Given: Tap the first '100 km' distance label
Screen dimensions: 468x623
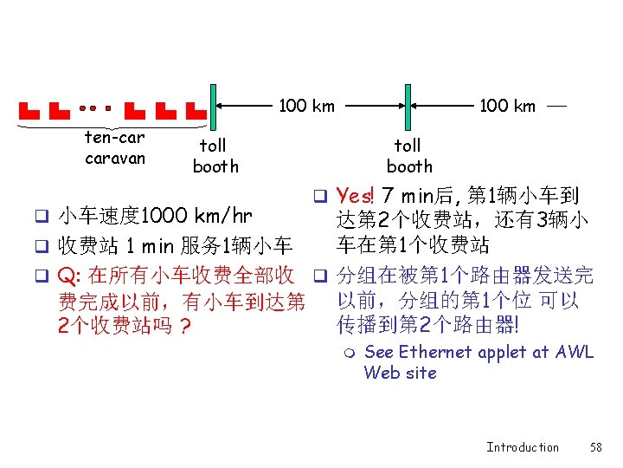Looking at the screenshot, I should (x=306, y=106).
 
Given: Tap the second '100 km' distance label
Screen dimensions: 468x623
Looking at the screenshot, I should (x=507, y=106).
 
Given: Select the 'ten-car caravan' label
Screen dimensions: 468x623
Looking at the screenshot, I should (x=114, y=147).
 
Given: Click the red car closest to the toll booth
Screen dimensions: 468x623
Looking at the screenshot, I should (x=196, y=111).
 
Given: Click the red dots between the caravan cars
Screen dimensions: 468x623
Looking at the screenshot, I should (x=93, y=110).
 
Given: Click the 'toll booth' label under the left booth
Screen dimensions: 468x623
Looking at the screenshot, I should (x=215, y=156).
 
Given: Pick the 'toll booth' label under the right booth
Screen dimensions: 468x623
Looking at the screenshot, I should (x=408, y=156).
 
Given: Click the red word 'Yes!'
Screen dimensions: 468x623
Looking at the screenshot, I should (x=354, y=196).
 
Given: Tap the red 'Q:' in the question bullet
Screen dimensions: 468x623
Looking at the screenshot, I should (x=68, y=276).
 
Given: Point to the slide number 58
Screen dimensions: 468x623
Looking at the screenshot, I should (x=595, y=447).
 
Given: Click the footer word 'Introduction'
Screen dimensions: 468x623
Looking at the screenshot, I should (x=523, y=447).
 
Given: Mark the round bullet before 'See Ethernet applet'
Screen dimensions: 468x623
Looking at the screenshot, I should (x=348, y=353).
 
